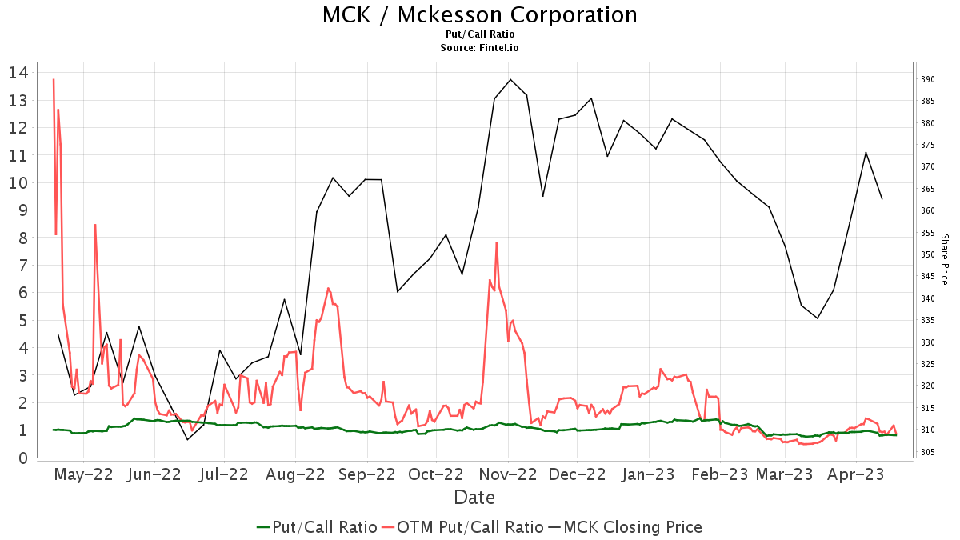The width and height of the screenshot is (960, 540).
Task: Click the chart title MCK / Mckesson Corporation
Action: click(x=480, y=15)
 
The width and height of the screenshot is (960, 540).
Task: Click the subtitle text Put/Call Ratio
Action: click(x=480, y=34)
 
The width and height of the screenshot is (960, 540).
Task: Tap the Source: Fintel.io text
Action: click(x=480, y=48)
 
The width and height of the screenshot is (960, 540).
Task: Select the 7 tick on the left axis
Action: click(x=22, y=238)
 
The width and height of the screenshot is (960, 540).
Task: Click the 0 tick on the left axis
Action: click(x=22, y=458)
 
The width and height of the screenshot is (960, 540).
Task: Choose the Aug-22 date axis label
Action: click(x=296, y=474)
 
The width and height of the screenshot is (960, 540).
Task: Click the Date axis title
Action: click(x=474, y=498)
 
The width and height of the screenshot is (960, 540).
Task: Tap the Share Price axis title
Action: click(x=944, y=259)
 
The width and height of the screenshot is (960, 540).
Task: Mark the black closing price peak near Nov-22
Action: click(x=510, y=79)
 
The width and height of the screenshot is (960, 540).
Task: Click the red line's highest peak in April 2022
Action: click(x=54, y=79)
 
